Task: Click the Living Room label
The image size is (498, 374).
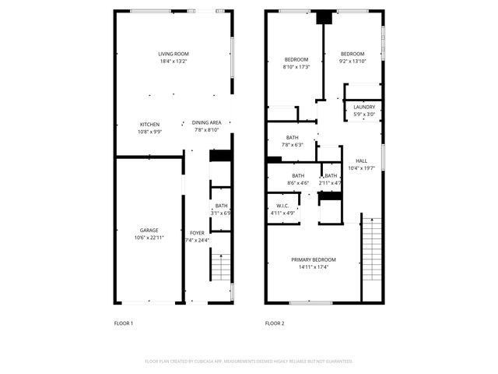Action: [174, 54]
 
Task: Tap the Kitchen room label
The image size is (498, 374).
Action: [149, 125]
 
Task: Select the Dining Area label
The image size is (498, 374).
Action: [206, 122]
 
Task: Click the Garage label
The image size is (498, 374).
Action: [149, 231]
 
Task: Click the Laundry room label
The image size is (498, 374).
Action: [364, 108]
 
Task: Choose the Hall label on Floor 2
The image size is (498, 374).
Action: [361, 161]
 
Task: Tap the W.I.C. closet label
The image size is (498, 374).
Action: [282, 206]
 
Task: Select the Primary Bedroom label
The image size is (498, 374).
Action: [314, 259]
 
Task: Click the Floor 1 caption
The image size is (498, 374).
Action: [124, 323]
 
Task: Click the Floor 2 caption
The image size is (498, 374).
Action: [275, 323]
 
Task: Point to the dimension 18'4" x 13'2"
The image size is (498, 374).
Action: [174, 61]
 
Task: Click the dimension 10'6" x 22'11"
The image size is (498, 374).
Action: [149, 238]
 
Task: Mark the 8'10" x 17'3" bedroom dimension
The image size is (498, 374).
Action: [296, 67]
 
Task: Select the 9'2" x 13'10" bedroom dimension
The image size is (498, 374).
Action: [353, 61]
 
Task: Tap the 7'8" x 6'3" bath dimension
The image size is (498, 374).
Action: [292, 144]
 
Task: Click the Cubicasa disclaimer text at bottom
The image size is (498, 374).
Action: [249, 362]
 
